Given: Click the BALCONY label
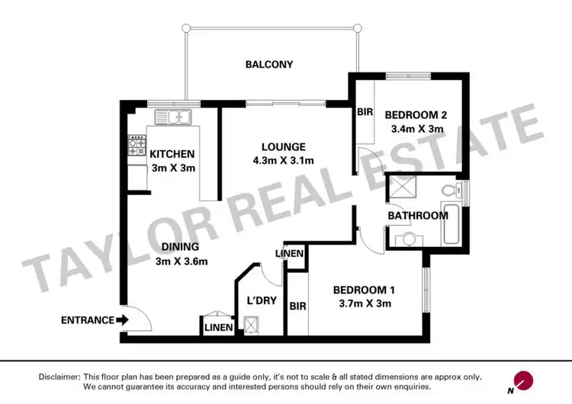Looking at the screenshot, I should tap(268, 65).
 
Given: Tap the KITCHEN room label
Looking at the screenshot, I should tap(172, 153).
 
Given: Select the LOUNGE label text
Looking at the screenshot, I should tap(283, 146).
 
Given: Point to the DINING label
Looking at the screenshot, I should tap(180, 247).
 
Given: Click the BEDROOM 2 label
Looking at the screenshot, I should tap(416, 116).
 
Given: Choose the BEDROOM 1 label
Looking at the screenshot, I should tap(364, 290).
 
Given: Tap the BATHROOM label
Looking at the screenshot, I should tap(417, 216).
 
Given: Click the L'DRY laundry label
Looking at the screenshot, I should tap(259, 300).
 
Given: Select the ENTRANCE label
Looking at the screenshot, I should tap(88, 320).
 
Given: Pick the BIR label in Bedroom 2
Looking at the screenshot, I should tap(365, 111).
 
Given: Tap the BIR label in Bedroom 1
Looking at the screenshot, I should tap(297, 306).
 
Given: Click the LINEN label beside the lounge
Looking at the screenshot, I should tap(290, 254).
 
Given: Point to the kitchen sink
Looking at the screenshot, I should tap(172, 117).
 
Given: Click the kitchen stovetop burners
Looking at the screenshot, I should tap(137, 146).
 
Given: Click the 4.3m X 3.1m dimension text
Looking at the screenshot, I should tap(283, 160).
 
